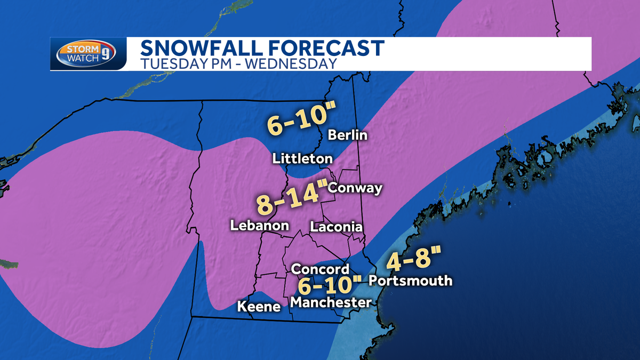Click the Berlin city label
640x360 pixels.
348,135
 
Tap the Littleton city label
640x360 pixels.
302,158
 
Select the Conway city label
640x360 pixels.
355,188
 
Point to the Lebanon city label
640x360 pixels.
259,226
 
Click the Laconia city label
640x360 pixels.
336,227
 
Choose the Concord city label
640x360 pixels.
320,269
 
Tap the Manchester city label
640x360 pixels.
331,302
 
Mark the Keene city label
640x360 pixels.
259,307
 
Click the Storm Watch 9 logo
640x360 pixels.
88,54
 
